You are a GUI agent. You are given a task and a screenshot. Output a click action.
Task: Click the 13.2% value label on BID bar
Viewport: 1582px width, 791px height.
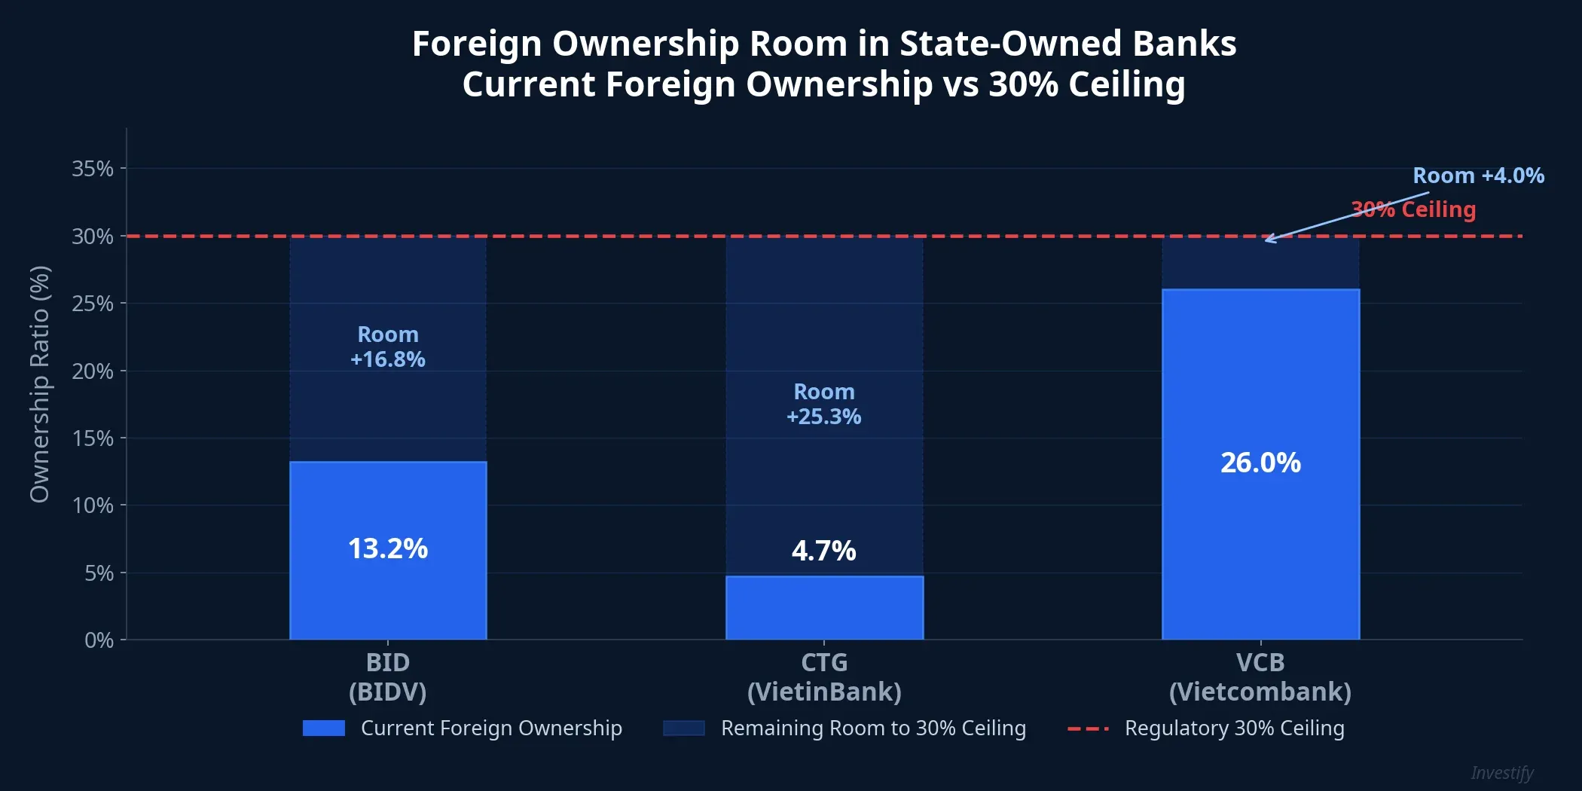click(387, 548)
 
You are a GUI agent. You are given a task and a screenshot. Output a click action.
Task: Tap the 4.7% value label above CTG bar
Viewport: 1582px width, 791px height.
click(823, 551)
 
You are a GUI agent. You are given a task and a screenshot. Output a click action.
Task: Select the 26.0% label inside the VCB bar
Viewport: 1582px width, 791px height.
click(1260, 463)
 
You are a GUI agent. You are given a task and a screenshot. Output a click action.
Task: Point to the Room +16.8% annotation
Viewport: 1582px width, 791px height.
click(387, 347)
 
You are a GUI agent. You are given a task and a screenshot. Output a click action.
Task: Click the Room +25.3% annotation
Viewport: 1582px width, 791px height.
click(823, 404)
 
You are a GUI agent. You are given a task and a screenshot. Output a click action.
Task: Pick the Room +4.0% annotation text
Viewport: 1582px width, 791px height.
click(1478, 176)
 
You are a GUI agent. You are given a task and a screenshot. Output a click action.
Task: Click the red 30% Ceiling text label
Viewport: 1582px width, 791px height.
click(1413, 209)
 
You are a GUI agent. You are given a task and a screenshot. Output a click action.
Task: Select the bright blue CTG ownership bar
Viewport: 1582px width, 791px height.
click(824, 608)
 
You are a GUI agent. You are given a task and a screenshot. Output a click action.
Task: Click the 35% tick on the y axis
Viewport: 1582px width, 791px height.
click(93, 169)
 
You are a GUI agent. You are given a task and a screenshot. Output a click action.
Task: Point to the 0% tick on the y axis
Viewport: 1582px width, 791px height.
click(99, 640)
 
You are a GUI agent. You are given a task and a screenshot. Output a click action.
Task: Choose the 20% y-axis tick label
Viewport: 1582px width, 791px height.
click(93, 371)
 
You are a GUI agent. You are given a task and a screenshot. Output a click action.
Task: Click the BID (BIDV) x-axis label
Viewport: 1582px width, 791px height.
click(387, 676)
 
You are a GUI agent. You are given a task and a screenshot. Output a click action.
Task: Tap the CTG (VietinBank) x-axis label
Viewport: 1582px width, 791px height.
click(823, 676)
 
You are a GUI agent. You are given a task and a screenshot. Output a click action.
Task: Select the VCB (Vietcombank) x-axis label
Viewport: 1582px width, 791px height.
click(1260, 676)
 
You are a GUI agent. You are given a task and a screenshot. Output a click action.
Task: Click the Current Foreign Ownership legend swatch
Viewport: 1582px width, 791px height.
click(323, 728)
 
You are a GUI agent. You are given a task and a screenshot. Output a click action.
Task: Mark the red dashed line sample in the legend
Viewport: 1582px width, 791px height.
click(1088, 728)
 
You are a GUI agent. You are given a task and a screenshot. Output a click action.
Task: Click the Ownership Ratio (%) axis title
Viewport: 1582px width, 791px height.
click(39, 384)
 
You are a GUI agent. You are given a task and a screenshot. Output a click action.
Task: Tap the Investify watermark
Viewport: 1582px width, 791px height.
click(1501, 773)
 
